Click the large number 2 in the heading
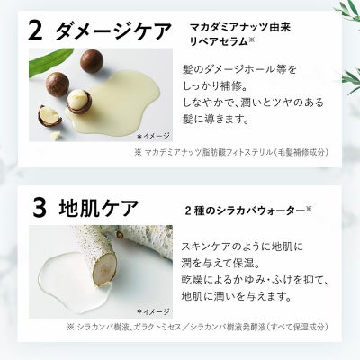tap(35, 31)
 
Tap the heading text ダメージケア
tap(114, 31)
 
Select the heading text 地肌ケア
tap(99, 207)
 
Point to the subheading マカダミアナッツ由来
tap(240, 28)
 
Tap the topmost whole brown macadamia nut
tap(92, 61)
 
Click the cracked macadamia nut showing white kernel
tap(78, 102)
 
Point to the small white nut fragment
tap(56, 135)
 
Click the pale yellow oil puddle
tap(120, 103)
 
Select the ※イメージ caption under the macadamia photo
tap(153, 137)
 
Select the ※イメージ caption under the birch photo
tap(153, 311)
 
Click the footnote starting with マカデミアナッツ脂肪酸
tap(231, 152)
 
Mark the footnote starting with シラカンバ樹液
tap(198, 327)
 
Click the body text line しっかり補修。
tap(214, 86)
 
